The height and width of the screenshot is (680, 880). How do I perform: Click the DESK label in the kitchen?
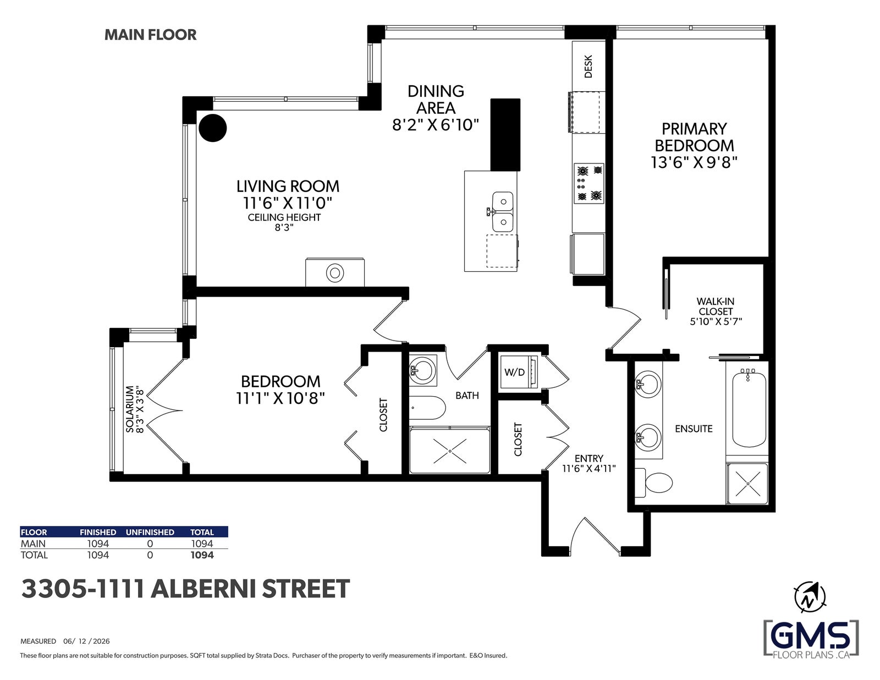588,67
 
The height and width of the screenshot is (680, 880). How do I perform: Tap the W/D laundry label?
514,372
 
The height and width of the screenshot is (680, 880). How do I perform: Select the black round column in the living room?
213,128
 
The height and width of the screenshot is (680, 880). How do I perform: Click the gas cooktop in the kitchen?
589,183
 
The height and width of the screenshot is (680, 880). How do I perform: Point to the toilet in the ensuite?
653,482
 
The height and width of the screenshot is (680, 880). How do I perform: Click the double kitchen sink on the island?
502,212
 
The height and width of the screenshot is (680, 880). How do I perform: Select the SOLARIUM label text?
130,409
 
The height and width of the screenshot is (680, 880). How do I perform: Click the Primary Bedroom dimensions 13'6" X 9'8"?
694,162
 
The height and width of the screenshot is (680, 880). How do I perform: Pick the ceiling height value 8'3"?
284,228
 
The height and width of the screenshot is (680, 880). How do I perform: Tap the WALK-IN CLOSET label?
716,306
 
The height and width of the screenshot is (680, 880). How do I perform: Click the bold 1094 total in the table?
202,555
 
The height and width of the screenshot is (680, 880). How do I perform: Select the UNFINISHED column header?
150,532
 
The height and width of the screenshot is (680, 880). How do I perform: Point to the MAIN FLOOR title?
151,35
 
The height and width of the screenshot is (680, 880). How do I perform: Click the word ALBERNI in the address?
202,589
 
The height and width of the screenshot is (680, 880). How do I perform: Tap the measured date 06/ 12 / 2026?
87,641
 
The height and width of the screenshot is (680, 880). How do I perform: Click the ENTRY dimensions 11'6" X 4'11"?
589,469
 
